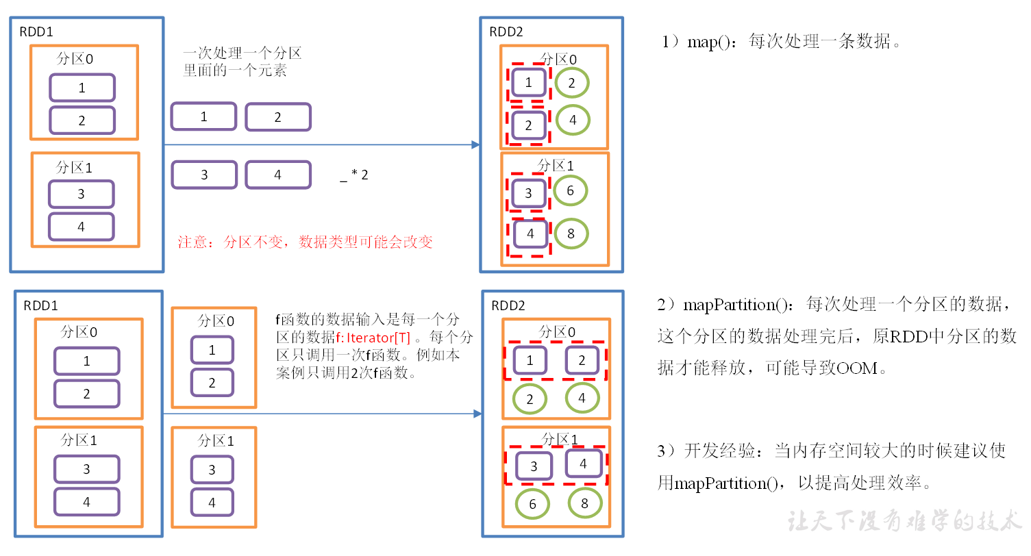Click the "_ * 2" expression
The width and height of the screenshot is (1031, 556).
(354, 175)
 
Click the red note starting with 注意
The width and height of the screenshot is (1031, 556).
(305, 242)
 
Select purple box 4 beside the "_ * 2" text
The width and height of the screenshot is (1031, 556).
(278, 175)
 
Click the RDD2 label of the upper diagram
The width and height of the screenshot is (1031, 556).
(507, 31)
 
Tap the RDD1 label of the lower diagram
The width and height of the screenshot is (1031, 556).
(41, 305)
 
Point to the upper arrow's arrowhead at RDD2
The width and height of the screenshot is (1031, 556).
(475, 144)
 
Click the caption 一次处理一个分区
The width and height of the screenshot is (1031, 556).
(242, 54)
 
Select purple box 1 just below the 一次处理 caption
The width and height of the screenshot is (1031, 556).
(203, 116)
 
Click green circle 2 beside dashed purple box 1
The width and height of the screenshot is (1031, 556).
(571, 83)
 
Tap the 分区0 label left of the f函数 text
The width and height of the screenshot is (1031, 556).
(216, 320)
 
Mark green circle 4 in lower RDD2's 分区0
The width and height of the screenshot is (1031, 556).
(582, 397)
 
